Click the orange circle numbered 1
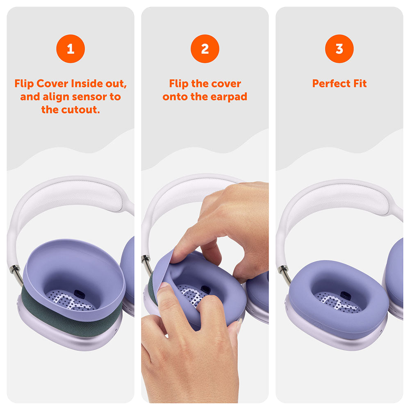click(70, 49)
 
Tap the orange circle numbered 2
click(205, 49)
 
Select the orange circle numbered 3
click(339, 49)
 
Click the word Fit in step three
click(359, 84)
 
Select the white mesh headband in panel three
click(340, 201)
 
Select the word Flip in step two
click(179, 84)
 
